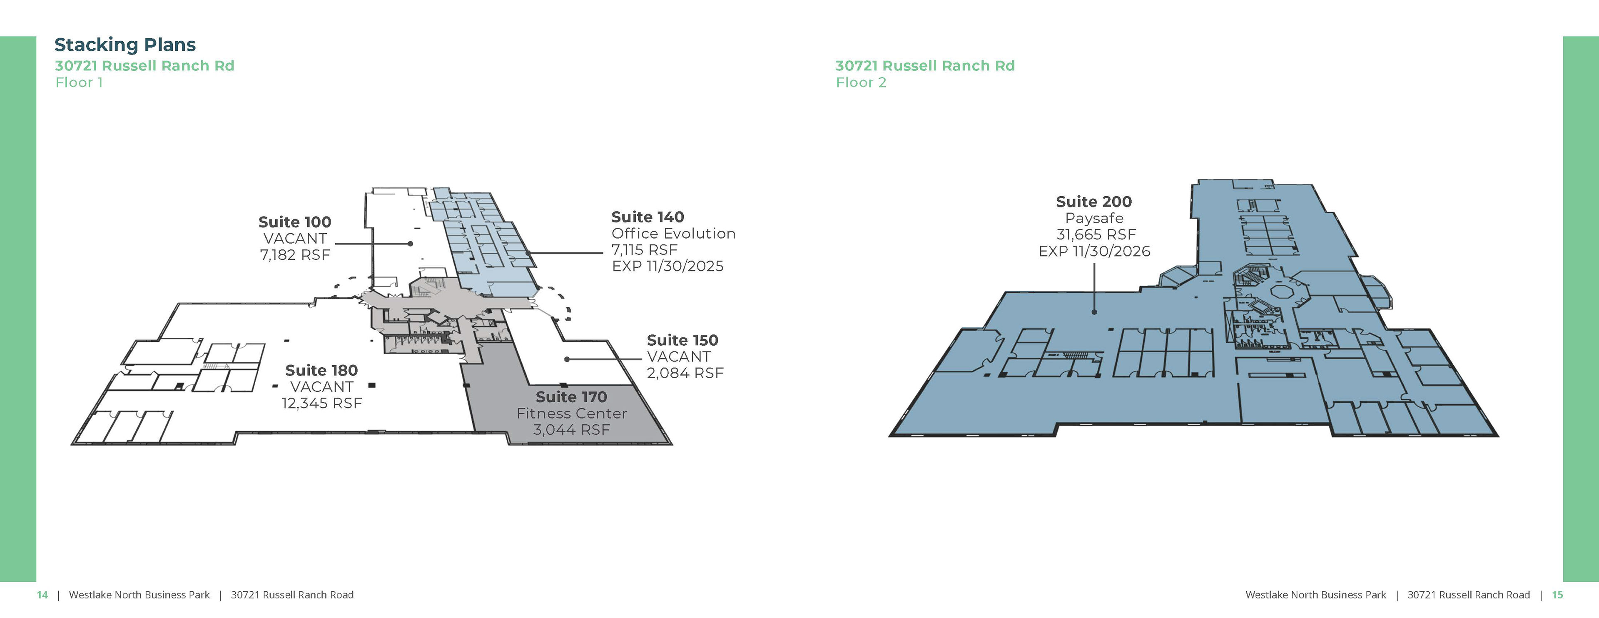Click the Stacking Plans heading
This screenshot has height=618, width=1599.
click(x=125, y=45)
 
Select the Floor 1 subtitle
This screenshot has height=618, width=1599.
click(x=79, y=82)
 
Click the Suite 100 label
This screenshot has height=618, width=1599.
click(x=294, y=222)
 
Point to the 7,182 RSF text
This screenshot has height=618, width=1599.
click(x=295, y=255)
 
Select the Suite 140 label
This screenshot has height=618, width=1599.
click(x=648, y=217)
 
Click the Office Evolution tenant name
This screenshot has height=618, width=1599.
click(x=673, y=233)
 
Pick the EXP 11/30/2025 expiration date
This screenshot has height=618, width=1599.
click(x=667, y=266)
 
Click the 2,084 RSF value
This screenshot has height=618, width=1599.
click(x=685, y=373)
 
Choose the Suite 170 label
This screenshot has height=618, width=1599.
click(x=571, y=397)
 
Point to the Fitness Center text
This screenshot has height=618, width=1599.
click(x=571, y=413)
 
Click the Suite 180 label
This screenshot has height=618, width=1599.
click(x=321, y=371)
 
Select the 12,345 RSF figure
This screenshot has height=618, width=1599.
click(x=321, y=403)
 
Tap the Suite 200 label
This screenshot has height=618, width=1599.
click(x=1094, y=202)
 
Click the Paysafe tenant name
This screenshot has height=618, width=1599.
click(x=1094, y=218)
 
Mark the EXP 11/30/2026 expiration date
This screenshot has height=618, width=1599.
click(x=1094, y=251)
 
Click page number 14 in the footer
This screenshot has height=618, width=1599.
click(x=42, y=594)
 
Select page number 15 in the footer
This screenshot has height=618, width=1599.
click(x=1557, y=594)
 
